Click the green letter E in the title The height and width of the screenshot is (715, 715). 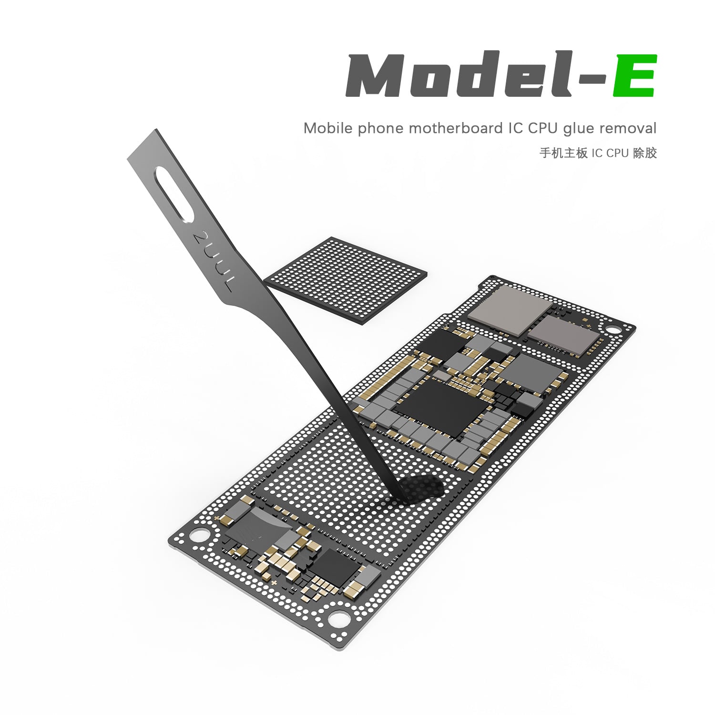tap(635, 76)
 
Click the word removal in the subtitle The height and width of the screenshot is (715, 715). tap(628, 128)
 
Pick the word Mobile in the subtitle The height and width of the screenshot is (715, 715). tap(328, 128)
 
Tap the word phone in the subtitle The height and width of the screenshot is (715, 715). tap(381, 129)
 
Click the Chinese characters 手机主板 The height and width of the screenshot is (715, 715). tap(563, 153)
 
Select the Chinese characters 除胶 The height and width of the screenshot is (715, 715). tap(645, 153)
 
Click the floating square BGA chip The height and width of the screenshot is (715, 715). tap(347, 280)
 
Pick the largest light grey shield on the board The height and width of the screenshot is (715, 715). tap(511, 309)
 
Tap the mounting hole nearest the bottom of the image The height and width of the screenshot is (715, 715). tap(337, 618)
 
